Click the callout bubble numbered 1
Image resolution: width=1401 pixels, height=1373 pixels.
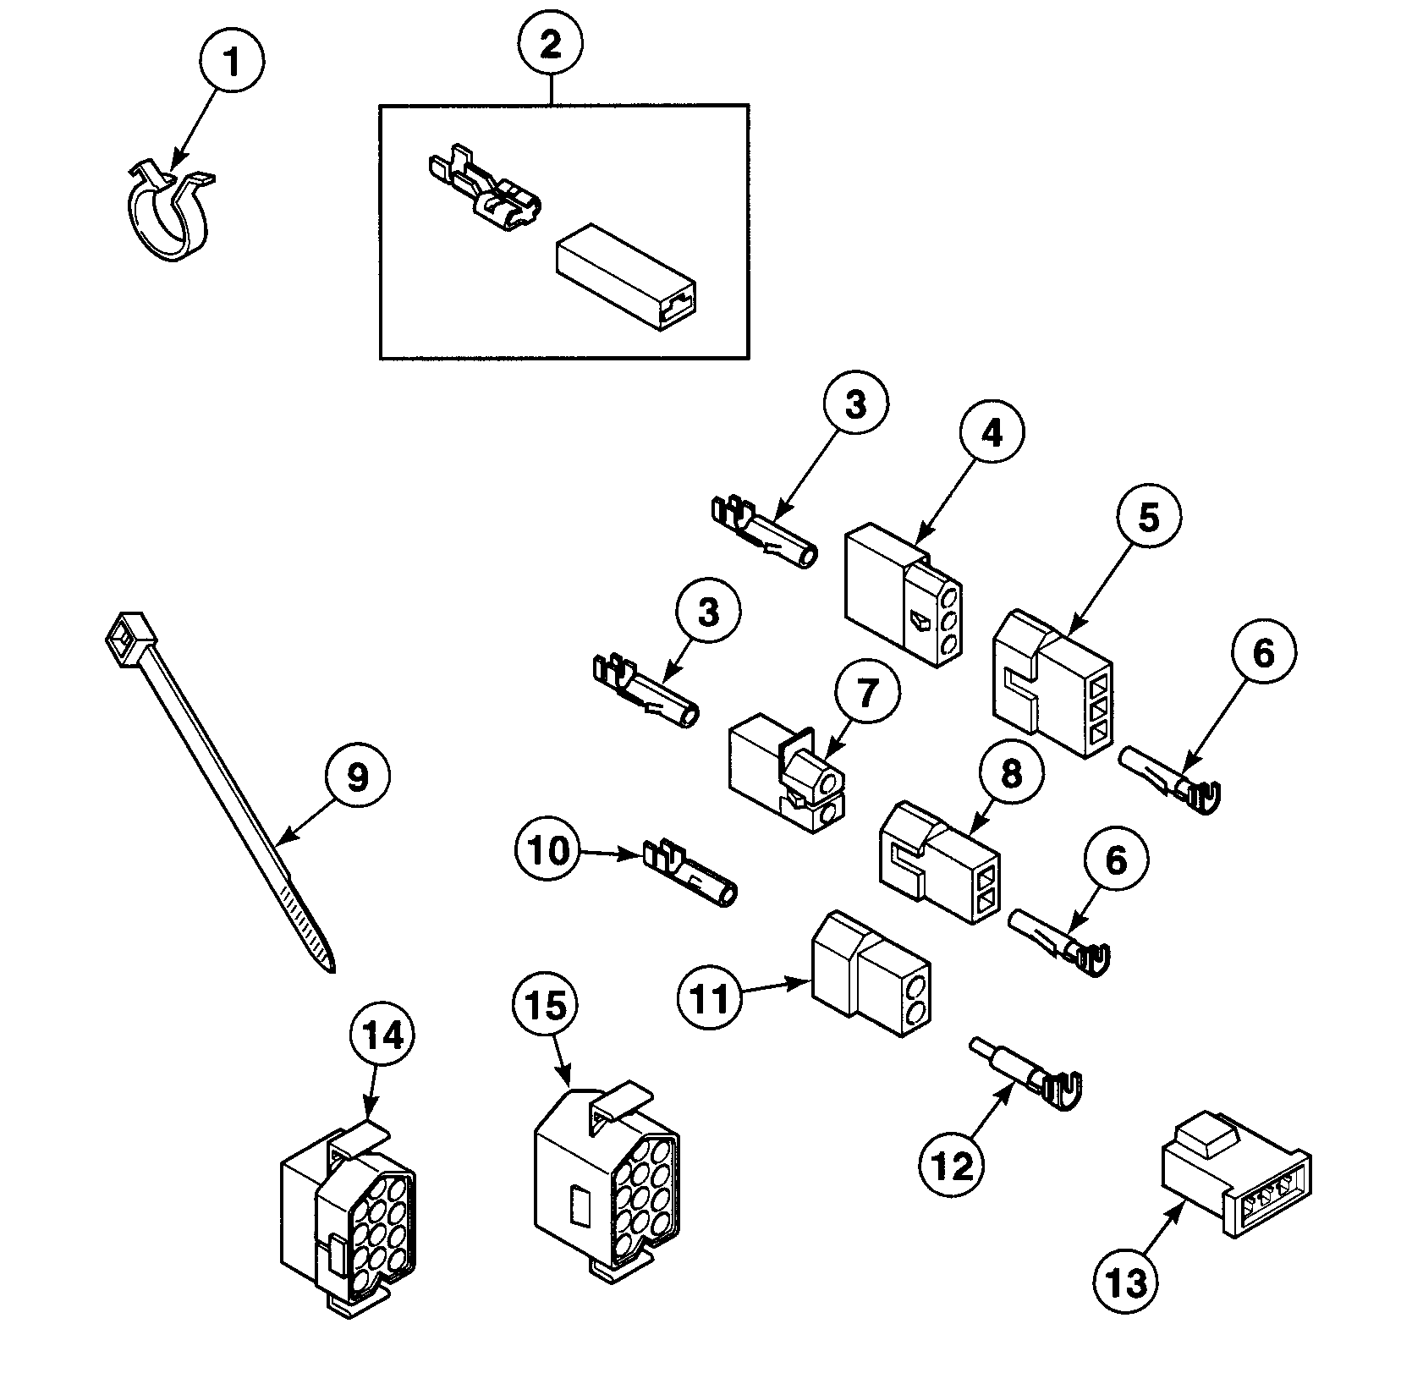pyautogui.click(x=231, y=62)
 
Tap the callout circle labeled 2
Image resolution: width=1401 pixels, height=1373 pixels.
pyautogui.click(x=551, y=44)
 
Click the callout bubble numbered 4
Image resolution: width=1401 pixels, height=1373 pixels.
pyautogui.click(x=992, y=432)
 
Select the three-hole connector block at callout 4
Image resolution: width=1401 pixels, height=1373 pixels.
pyautogui.click(x=904, y=591)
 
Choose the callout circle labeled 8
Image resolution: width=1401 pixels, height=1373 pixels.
pyautogui.click(x=1011, y=775)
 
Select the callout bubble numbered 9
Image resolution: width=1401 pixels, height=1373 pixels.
pyautogui.click(x=357, y=776)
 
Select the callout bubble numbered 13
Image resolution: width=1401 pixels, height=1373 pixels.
pyautogui.click(x=1128, y=1306)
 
